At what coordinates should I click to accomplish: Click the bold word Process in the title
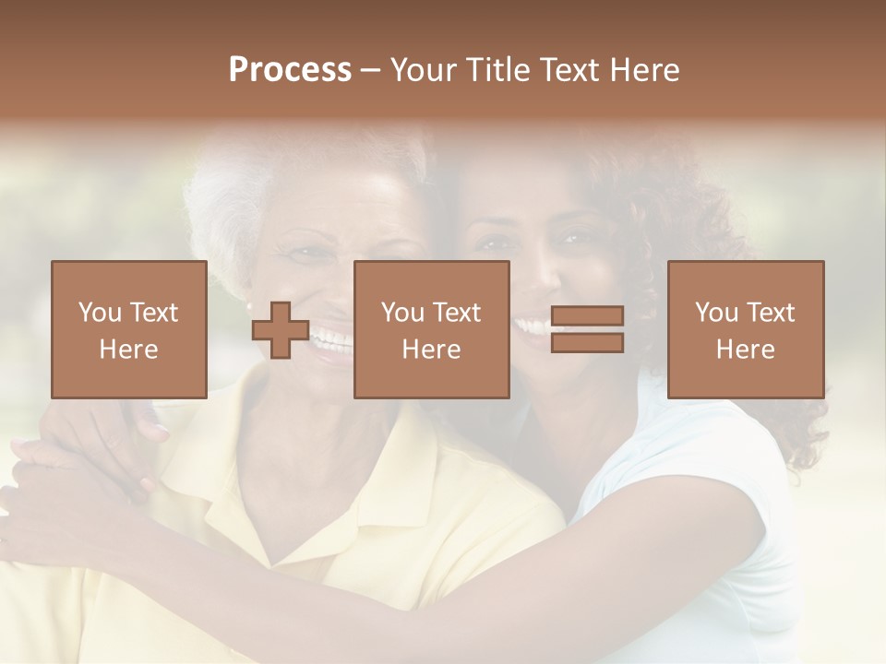(x=290, y=70)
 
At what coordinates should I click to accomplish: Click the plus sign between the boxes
(x=281, y=330)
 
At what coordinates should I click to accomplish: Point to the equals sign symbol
(x=587, y=330)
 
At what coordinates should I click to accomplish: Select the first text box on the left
(x=128, y=330)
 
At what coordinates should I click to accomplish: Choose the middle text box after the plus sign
(x=431, y=330)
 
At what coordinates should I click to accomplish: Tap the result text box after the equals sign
(x=745, y=330)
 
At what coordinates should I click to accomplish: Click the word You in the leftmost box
(x=100, y=313)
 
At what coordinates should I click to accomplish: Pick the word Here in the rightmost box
(x=745, y=350)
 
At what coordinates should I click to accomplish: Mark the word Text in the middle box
(x=457, y=313)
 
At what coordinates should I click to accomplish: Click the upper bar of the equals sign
(x=587, y=316)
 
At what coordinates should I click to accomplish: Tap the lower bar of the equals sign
(x=587, y=343)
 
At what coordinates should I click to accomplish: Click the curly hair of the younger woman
(x=701, y=212)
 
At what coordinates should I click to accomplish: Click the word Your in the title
(x=424, y=70)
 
